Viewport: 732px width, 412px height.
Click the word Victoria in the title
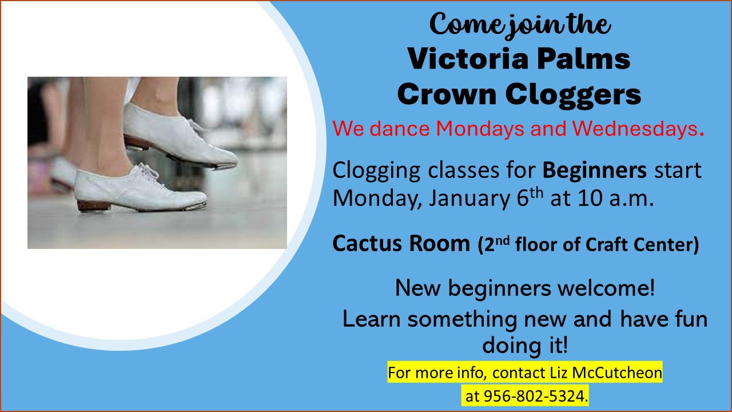point(468,59)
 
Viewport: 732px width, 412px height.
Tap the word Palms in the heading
point(584,59)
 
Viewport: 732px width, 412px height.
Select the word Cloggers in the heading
point(573,95)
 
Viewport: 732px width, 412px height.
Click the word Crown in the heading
point(447,94)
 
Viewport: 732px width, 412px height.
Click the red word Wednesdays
point(635,129)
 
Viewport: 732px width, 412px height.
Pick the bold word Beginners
point(594,171)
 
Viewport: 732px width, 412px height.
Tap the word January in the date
point(470,199)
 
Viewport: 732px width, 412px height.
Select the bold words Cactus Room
point(401,244)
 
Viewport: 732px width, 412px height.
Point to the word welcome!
point(606,288)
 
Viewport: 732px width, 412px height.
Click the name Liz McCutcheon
point(606,373)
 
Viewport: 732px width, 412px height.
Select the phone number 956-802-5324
point(534,396)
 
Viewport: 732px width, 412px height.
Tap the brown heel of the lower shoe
point(94,207)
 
